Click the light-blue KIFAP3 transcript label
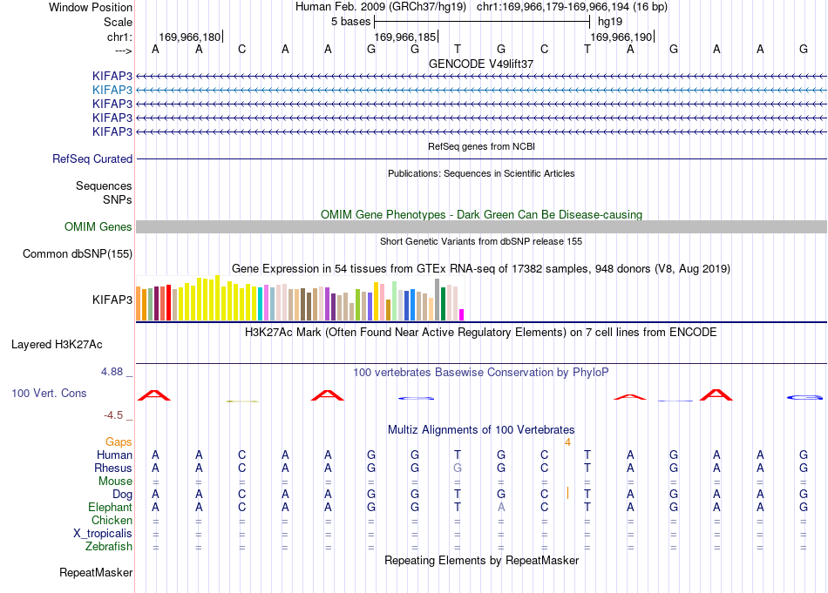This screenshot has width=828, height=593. [x=112, y=91]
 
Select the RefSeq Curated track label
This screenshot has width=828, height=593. [x=92, y=158]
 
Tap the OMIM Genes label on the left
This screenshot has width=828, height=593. [x=98, y=227]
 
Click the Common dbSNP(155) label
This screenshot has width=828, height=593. [x=78, y=253]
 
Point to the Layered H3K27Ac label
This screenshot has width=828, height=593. [x=57, y=345]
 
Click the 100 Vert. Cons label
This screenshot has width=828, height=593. [x=49, y=393]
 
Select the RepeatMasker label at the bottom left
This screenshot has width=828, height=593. [x=96, y=572]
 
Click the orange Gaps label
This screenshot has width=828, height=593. [x=119, y=441]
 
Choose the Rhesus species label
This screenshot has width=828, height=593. [x=113, y=468]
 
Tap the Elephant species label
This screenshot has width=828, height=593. [x=111, y=507]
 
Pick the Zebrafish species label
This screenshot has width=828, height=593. [x=109, y=546]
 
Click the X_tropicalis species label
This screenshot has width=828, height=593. [x=103, y=534]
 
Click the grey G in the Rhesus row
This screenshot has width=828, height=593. [x=458, y=468]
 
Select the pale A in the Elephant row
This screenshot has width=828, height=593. [x=501, y=507]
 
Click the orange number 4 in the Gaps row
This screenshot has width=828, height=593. [x=567, y=442]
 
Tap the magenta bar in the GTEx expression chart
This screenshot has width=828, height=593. [x=462, y=315]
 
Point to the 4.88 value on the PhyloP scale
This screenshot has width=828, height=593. [x=112, y=372]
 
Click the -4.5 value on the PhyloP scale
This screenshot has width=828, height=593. [x=113, y=415]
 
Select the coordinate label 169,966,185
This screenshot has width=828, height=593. [x=405, y=37]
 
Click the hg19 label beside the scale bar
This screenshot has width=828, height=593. [x=610, y=22]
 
